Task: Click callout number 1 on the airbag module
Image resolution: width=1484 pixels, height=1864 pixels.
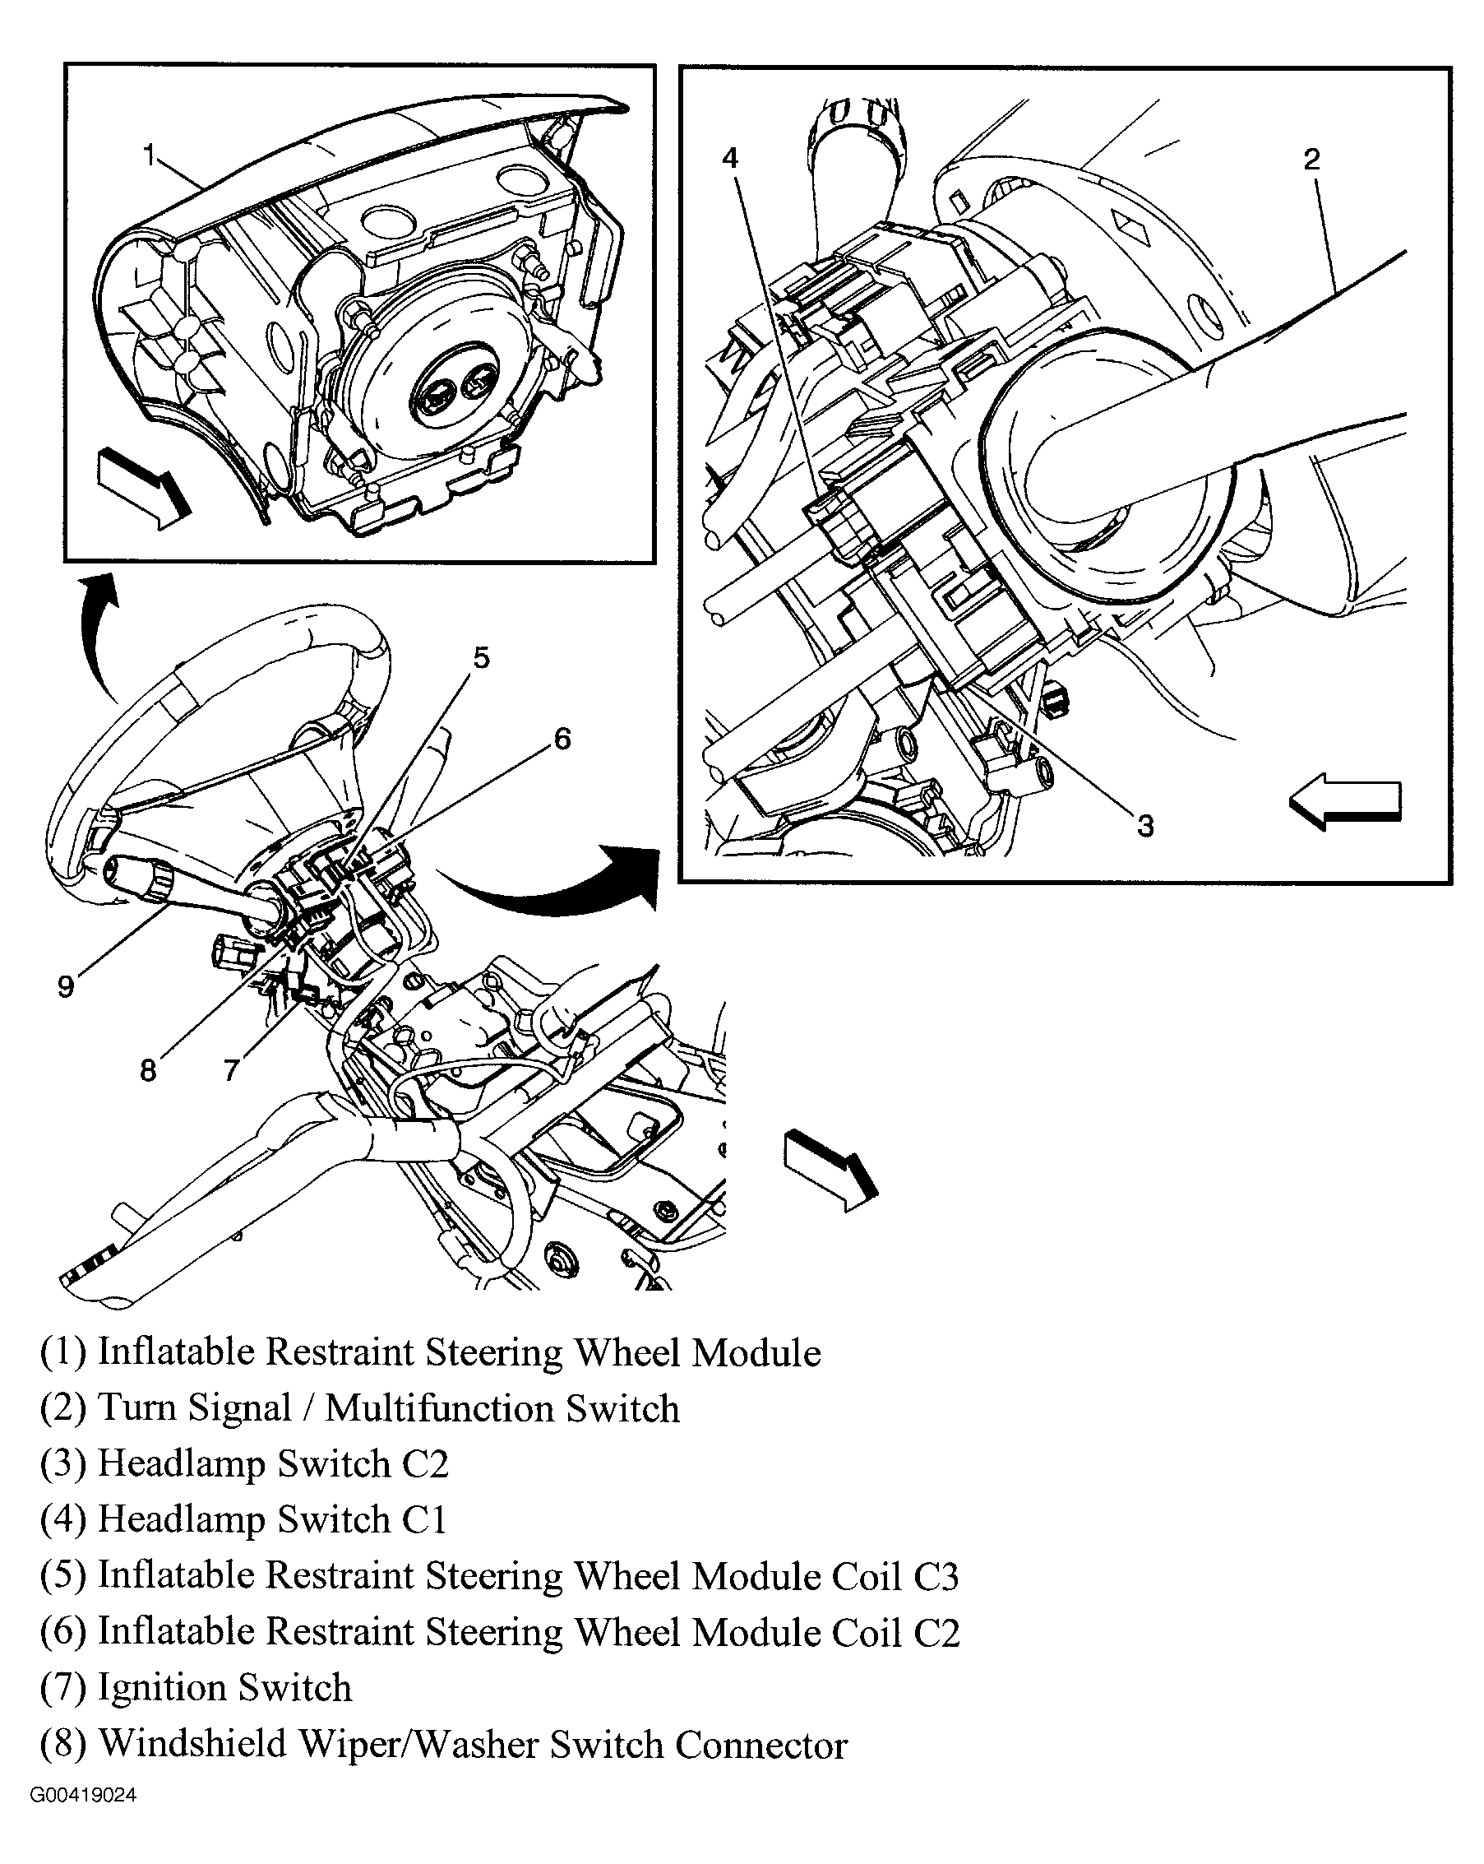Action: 149,155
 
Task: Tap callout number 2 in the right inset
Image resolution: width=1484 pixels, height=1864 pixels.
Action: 1311,159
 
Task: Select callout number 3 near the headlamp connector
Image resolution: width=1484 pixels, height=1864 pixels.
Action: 1144,826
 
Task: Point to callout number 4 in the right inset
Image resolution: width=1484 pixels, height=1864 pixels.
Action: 730,158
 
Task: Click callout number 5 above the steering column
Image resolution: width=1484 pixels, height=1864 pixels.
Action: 482,658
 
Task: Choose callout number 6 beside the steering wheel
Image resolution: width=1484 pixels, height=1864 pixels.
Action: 562,739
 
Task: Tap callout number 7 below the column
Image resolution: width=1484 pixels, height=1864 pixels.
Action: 230,1071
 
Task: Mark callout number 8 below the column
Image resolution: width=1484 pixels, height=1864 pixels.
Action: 148,1071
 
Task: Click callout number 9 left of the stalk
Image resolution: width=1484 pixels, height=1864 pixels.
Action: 66,986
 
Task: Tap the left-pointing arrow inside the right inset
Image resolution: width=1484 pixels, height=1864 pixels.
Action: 1344,803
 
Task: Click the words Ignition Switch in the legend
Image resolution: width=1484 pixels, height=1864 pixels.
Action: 224,1687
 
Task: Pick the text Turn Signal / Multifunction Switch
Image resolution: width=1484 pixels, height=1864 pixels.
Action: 388,1407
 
